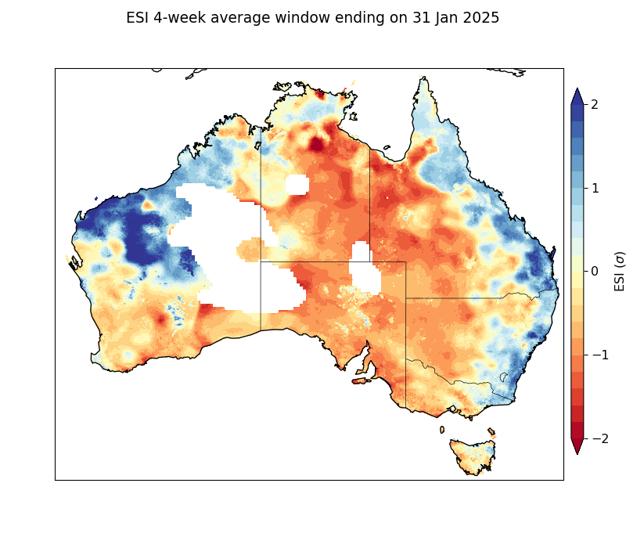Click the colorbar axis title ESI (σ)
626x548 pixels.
pos(620,272)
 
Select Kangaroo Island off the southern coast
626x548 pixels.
pos(362,381)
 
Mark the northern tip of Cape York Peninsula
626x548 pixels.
pos(423,78)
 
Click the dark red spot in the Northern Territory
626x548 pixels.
pos(316,144)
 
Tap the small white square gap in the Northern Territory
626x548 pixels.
pos(297,185)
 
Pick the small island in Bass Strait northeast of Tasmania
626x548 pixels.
pos(491,431)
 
